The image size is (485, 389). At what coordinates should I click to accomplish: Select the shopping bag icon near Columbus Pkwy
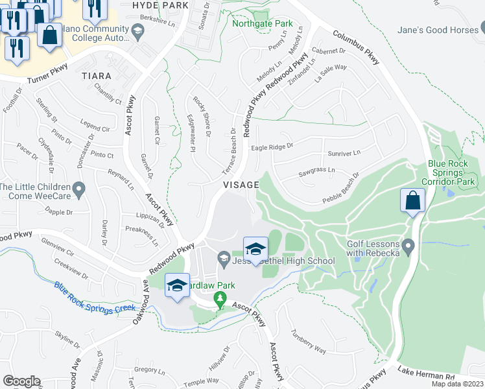[x=412, y=202]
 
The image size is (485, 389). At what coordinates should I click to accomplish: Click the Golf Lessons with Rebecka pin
[x=408, y=246]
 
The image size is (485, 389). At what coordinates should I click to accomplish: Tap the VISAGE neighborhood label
[x=241, y=185]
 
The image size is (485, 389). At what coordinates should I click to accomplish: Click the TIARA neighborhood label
[x=97, y=76]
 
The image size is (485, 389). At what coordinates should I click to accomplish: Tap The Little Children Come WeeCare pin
[x=78, y=191]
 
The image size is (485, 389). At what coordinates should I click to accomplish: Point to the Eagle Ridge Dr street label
[x=272, y=147]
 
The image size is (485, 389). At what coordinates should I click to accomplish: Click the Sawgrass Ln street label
[x=317, y=171]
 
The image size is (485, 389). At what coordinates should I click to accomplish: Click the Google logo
[x=21, y=381]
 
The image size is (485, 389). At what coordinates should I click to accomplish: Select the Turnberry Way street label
[x=309, y=345]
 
